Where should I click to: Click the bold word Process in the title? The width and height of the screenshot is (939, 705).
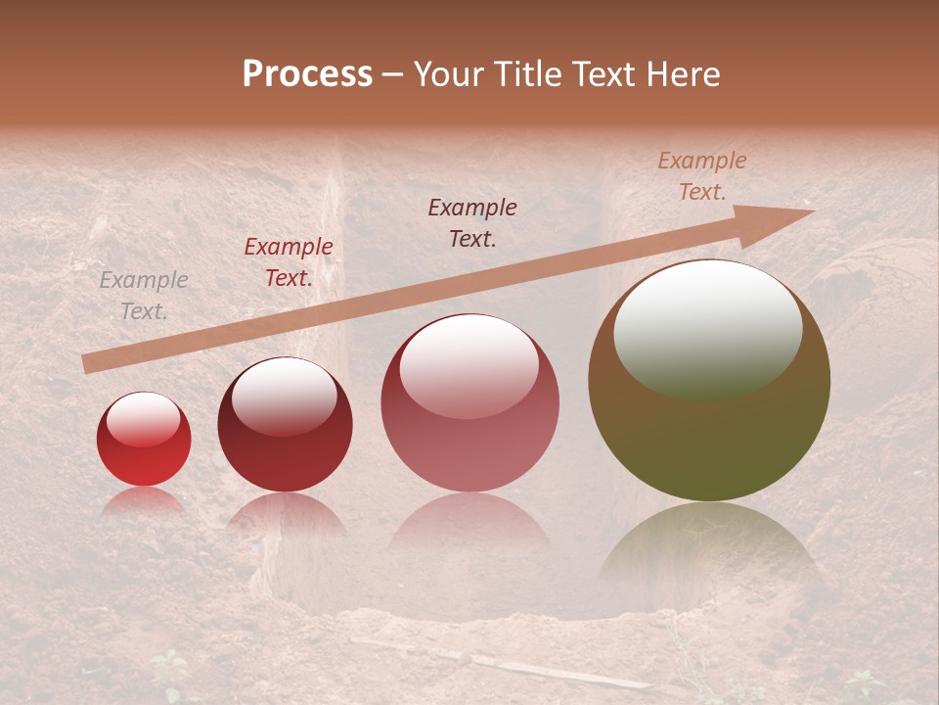[x=307, y=74]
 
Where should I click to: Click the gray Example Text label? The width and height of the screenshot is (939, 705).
[x=144, y=296]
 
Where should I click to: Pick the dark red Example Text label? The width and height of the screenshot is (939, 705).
[x=288, y=262]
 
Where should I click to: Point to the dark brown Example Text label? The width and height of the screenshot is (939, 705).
[x=472, y=222]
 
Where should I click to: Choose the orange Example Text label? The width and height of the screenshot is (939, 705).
[x=701, y=176]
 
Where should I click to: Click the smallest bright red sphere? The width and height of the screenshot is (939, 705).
[x=144, y=452]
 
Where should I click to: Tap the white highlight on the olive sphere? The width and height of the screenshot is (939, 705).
[x=707, y=328]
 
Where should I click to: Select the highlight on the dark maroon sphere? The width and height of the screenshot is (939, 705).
[x=284, y=396]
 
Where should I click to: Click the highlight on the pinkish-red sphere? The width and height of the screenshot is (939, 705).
[x=469, y=366]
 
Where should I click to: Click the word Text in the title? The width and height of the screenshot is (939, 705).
[x=603, y=74]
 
